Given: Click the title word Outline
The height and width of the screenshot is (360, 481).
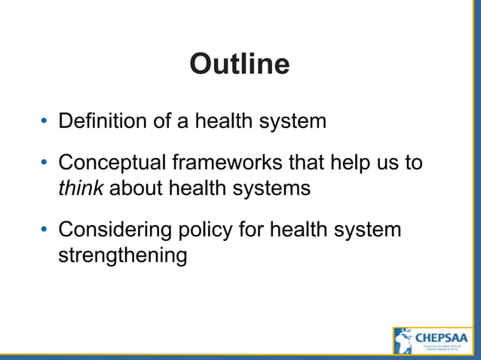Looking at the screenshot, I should click(239, 64).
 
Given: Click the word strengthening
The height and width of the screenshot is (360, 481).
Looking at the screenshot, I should click(122, 255).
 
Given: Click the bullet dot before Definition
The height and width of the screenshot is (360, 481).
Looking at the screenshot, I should click(44, 121).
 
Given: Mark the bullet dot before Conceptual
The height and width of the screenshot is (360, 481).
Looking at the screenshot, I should click(44, 163).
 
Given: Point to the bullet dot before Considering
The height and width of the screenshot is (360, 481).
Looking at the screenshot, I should click(44, 230).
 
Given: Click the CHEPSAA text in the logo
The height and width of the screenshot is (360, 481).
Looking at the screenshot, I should click(442, 337).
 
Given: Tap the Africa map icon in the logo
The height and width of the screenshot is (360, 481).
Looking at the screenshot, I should click(404, 340).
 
